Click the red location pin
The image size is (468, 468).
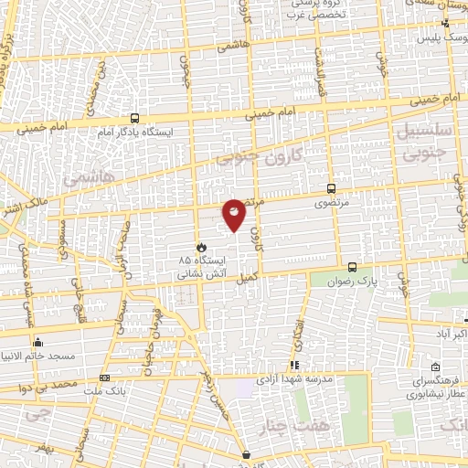[x=234, y=214]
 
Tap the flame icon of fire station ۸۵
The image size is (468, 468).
[x=201, y=247]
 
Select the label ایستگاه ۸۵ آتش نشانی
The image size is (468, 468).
[x=200, y=265]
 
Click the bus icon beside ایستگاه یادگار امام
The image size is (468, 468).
[x=135, y=118]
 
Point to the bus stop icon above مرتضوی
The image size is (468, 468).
[x=332, y=188]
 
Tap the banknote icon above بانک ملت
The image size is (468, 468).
[x=104, y=377]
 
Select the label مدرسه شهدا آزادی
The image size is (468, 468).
[x=306, y=378]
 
